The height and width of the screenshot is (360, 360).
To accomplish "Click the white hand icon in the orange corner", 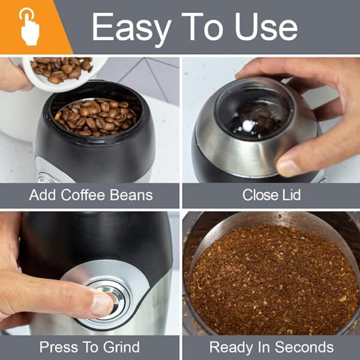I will (29, 26).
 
